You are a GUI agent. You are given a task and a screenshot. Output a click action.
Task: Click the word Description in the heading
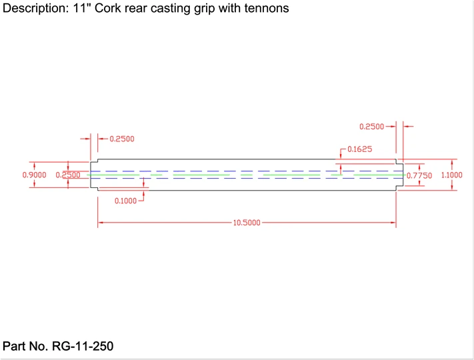[x=34, y=9]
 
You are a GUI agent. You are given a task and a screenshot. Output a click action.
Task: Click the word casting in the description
[x=177, y=9]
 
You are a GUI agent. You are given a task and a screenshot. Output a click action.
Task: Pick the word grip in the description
[x=213, y=9]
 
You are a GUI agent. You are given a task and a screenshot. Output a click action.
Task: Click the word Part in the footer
[x=15, y=346]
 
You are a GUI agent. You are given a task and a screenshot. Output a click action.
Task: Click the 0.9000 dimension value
[x=16, y=175]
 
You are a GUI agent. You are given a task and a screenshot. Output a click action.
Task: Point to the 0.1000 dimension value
[x=125, y=201]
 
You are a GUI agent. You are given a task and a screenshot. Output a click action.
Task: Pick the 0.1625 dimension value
[x=359, y=149]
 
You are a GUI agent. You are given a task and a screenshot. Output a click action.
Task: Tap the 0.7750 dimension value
[x=419, y=175]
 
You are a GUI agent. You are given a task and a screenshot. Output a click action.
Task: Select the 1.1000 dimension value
[x=461, y=175]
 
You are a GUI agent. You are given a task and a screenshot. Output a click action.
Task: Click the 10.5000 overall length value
[x=247, y=223]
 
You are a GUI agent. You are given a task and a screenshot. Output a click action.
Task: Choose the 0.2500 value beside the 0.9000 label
[x=67, y=175]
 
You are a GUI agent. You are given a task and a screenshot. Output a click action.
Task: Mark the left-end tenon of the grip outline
[x=94, y=175]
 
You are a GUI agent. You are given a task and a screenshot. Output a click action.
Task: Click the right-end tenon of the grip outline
[x=400, y=175]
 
